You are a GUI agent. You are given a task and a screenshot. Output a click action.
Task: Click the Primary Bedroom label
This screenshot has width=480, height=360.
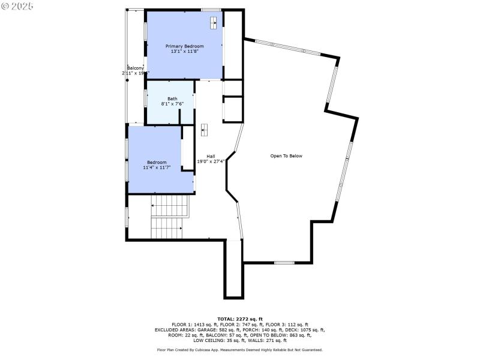tap(184, 46)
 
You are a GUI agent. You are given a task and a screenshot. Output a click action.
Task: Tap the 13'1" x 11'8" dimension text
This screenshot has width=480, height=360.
tap(184, 52)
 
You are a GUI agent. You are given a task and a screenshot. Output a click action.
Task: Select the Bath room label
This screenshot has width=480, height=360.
tap(172, 98)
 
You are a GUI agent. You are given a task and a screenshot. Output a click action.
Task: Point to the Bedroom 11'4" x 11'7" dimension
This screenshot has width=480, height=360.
tap(157, 167)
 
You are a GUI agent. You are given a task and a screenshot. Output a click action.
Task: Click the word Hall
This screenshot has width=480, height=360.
tap(211, 156)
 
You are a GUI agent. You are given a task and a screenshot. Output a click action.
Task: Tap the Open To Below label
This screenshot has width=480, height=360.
tap(286, 156)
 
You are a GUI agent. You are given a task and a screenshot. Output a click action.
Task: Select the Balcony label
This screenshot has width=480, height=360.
tap(135, 68)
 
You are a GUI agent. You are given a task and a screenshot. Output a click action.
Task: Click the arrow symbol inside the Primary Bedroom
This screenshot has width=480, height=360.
tap(213, 23)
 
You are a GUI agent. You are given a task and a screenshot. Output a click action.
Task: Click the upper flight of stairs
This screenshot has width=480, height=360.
tap(169, 206)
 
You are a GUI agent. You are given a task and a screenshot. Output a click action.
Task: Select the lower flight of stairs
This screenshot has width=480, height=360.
tap(166, 228)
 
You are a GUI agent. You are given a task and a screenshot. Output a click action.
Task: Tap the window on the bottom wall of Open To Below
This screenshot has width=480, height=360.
tap(284, 263)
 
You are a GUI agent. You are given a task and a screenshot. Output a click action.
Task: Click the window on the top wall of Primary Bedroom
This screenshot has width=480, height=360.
tap(211, 10)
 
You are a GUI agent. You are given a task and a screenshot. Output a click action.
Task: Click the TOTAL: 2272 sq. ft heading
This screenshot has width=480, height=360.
tap(239, 319)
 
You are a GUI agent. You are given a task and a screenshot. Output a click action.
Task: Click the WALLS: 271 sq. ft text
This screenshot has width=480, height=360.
tap(268, 340)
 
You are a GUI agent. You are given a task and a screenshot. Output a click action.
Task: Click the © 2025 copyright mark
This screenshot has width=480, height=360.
tap(17, 6)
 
